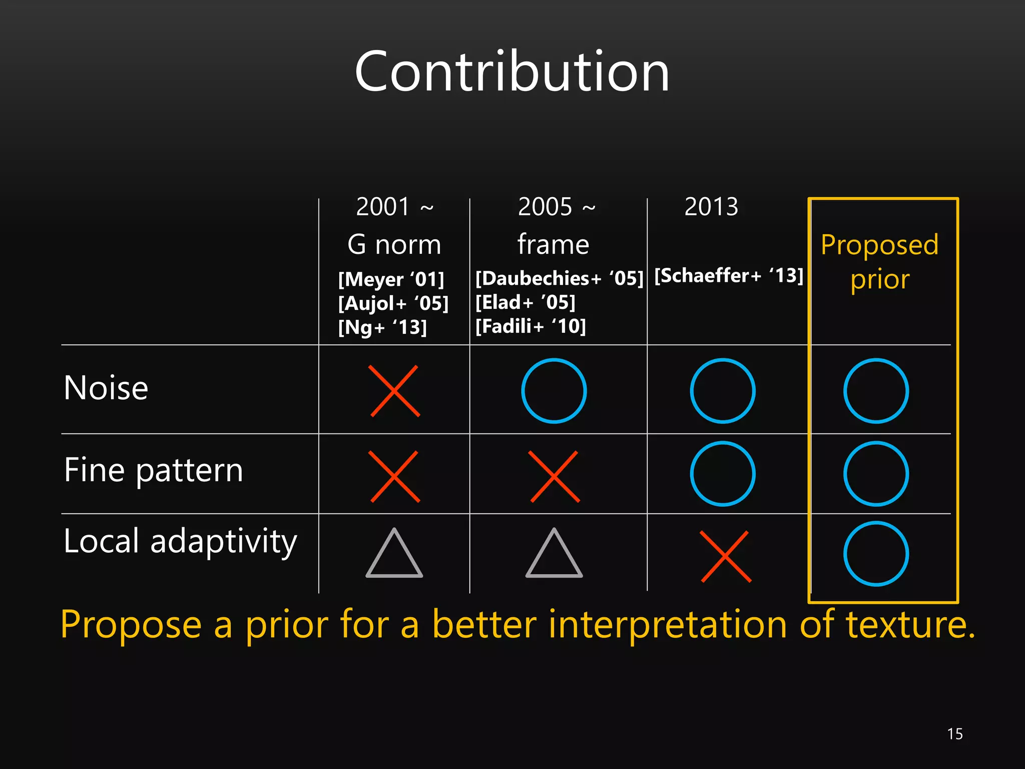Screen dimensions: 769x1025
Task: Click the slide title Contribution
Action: [511, 72]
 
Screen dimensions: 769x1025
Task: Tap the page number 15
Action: [954, 734]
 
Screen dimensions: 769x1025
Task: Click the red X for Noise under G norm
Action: [394, 391]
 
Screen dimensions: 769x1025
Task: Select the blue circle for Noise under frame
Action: [554, 391]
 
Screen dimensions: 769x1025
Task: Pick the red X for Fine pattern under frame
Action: [554, 476]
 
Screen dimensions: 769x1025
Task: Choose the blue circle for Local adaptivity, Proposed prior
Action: [876, 554]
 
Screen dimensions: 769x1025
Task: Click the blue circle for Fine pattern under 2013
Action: [722, 474]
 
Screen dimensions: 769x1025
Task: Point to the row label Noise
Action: [106, 388]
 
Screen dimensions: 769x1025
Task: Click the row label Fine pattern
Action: [153, 471]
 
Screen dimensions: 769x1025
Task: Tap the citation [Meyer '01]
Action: [391, 279]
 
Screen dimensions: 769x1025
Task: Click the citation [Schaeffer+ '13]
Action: [728, 275]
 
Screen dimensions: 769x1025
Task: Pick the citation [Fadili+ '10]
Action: [530, 326]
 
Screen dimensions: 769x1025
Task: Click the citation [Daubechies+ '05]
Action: [559, 278]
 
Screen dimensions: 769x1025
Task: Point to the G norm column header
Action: [394, 245]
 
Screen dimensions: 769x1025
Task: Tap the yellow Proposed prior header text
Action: [879, 261]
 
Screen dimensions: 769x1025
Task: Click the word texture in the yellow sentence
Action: [910, 625]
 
